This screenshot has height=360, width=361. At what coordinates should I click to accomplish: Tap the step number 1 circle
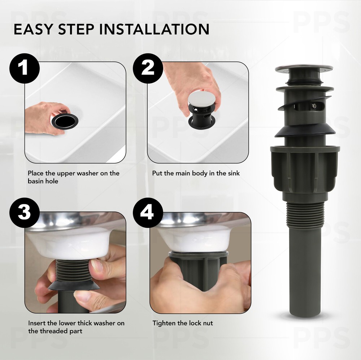pos(24,68)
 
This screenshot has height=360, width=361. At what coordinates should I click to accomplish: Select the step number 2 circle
pos(147,68)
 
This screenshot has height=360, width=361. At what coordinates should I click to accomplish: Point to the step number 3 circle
pos(24,213)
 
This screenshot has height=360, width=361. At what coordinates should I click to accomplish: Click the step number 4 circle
pos(147,213)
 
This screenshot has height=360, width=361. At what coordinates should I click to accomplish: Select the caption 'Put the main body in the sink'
pos(196,173)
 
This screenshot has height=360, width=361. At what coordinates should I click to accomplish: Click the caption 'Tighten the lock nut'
pos(182,323)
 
